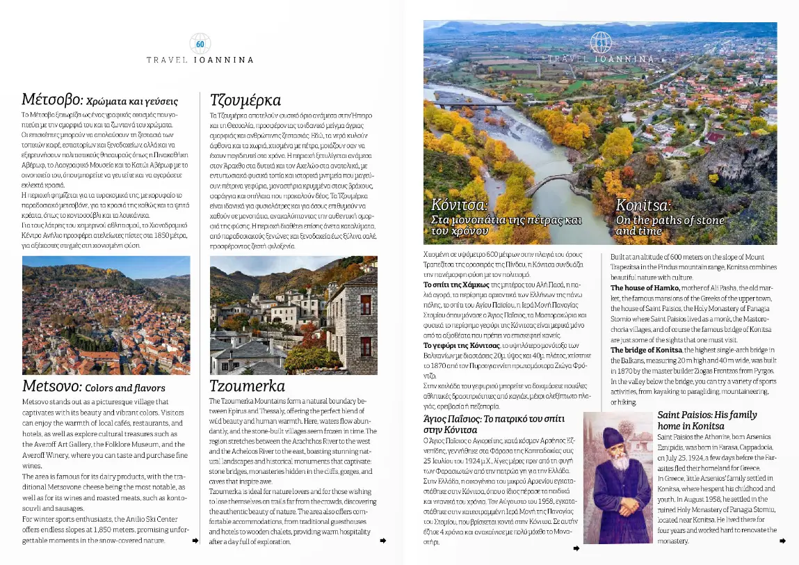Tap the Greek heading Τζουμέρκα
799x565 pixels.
[x=245, y=100]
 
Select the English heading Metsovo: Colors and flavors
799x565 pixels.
[x=93, y=387]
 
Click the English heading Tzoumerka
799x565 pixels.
[x=247, y=386]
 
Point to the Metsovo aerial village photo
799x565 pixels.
[x=106, y=315]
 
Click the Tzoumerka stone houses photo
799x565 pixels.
[x=293, y=315]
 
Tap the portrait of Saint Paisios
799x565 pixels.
[x=618, y=477]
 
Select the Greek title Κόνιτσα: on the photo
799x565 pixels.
[x=460, y=205]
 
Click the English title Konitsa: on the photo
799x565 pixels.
[x=643, y=205]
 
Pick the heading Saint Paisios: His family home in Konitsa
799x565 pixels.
[x=707, y=420]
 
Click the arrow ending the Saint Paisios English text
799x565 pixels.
[x=783, y=541]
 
